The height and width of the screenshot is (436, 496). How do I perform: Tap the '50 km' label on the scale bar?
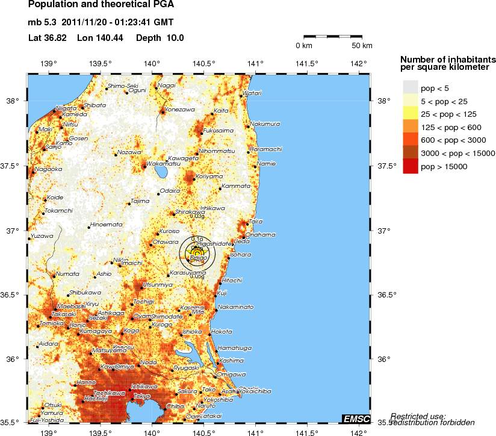pyautogui.click(x=362, y=46)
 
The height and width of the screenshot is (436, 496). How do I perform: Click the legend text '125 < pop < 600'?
pyautogui.click(x=447, y=128)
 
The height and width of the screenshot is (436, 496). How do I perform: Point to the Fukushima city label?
pyautogui.click(x=219, y=130)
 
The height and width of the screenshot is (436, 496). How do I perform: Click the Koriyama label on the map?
pyautogui.click(x=209, y=176)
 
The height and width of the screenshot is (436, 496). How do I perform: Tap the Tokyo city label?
pyautogui.click(x=142, y=396)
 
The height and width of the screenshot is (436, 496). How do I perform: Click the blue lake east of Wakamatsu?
pyautogui.click(x=161, y=173)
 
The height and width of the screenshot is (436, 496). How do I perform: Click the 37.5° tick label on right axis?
pyautogui.click(x=385, y=166)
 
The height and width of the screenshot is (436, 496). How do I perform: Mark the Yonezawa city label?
pyautogui.click(x=180, y=110)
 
